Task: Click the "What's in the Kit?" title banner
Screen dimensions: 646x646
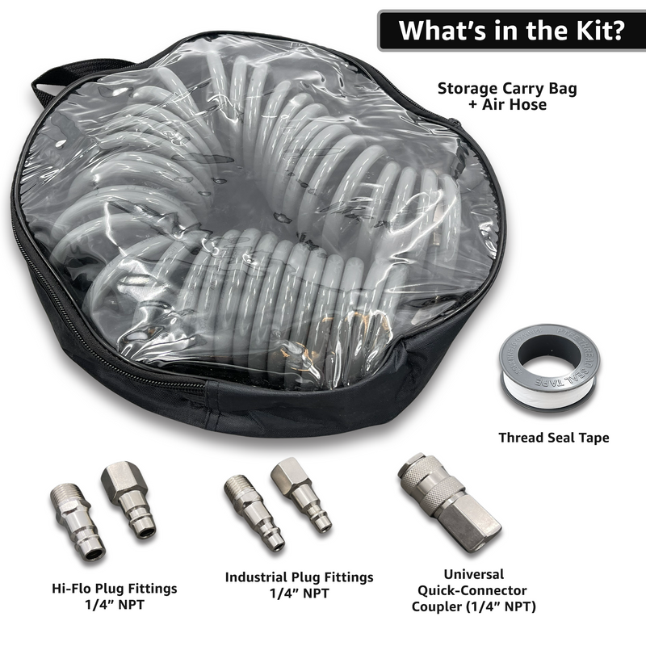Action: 511,30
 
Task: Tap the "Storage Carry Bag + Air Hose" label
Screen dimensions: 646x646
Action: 498,95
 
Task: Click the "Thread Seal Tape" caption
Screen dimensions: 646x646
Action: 553,438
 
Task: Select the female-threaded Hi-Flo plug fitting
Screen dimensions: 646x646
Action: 129,498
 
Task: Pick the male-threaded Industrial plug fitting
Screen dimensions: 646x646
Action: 256,510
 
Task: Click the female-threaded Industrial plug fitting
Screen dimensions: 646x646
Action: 301,493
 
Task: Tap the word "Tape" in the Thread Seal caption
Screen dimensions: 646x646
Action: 593,438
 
